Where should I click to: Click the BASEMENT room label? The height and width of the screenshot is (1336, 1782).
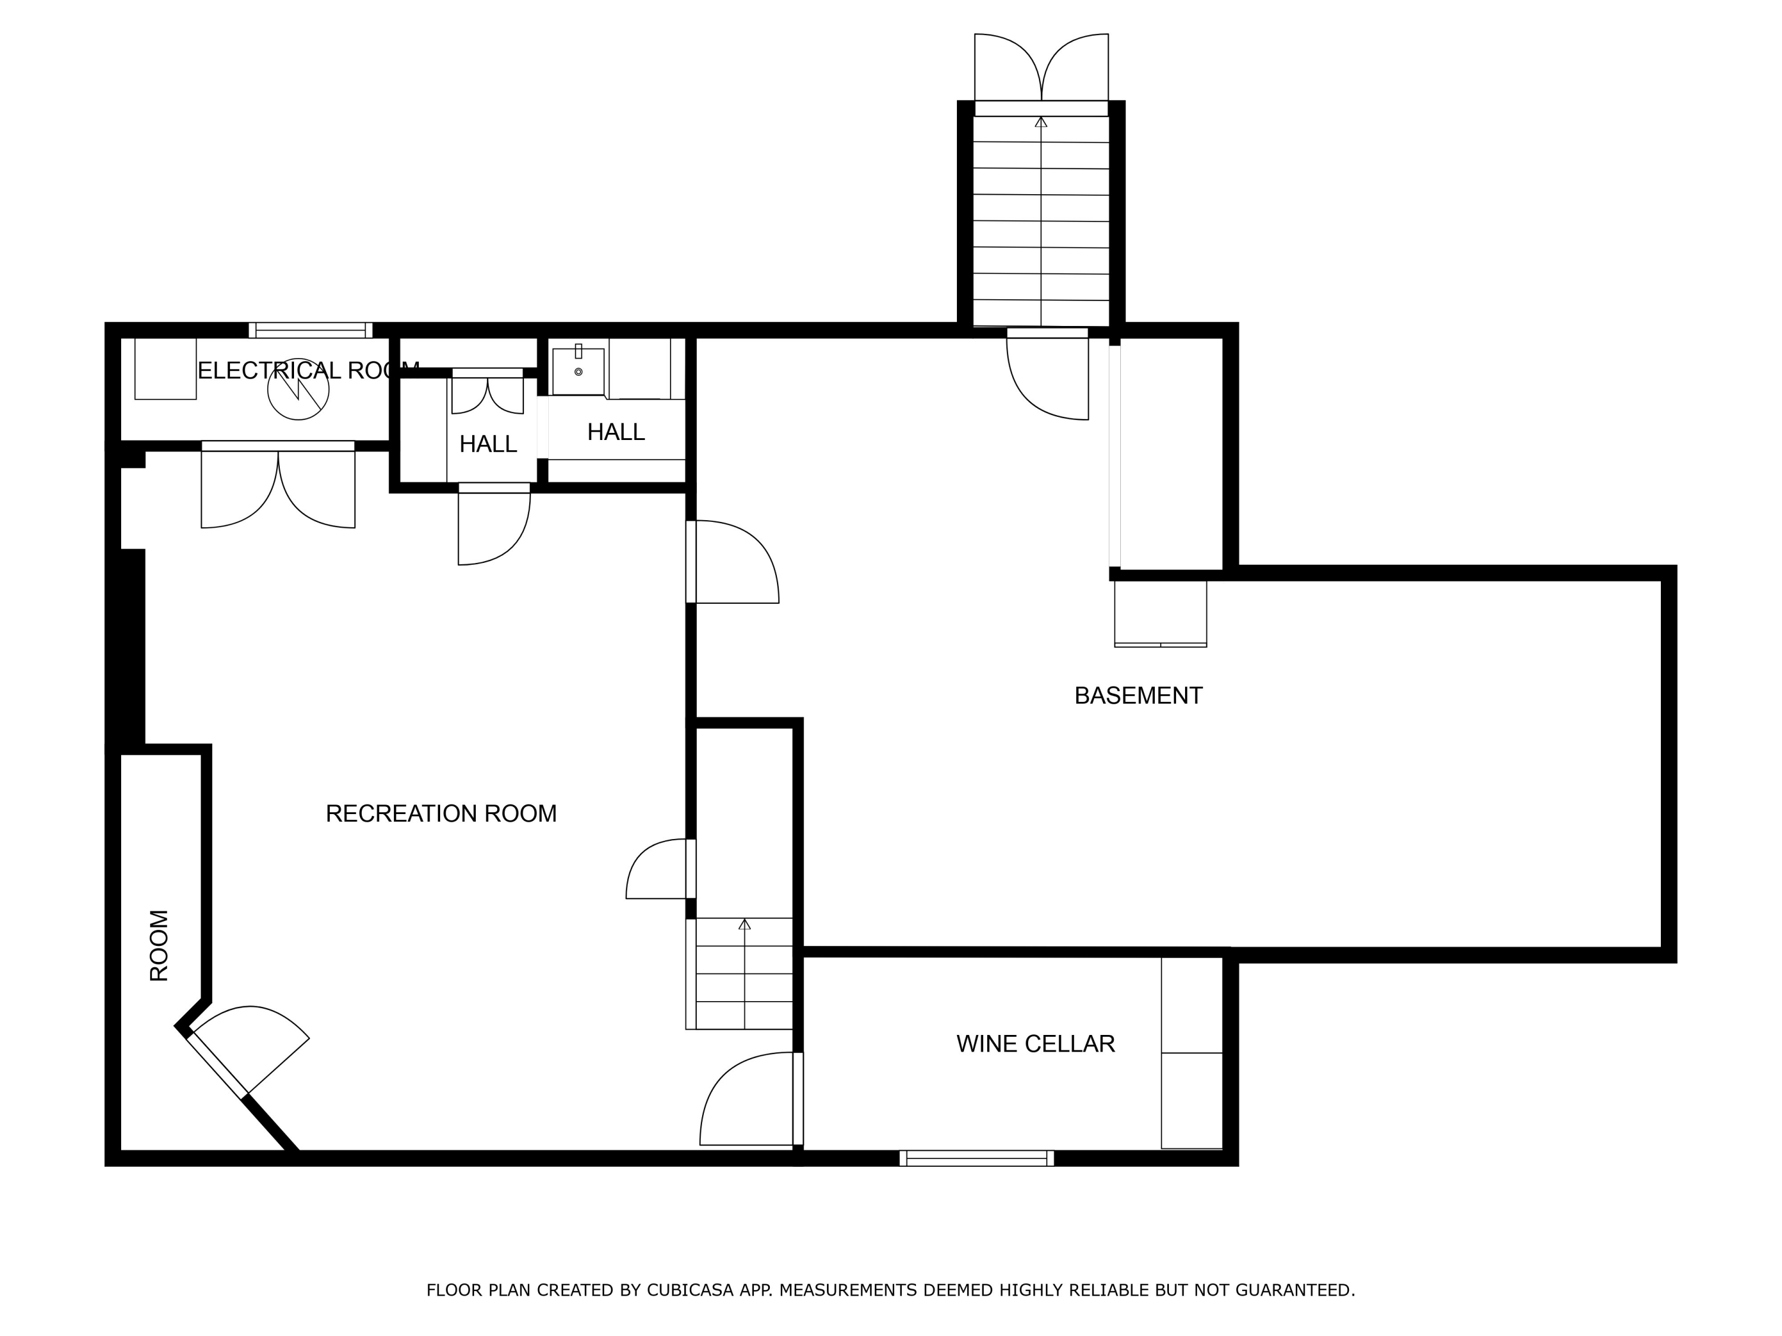(x=1138, y=696)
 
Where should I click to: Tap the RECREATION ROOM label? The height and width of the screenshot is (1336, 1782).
(x=441, y=814)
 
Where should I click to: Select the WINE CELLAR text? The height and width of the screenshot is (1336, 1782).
(x=1035, y=1044)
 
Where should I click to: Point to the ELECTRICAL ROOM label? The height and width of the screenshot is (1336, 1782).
(x=308, y=371)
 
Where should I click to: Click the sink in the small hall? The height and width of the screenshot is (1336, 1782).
(x=579, y=371)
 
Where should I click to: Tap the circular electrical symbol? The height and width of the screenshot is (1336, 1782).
(x=298, y=389)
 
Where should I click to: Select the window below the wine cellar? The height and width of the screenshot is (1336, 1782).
(x=977, y=1159)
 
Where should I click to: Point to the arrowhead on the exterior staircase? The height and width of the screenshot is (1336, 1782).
(x=1041, y=122)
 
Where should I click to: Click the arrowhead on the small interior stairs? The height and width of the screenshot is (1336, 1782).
(x=744, y=924)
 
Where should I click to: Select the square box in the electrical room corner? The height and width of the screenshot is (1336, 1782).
(x=165, y=369)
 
